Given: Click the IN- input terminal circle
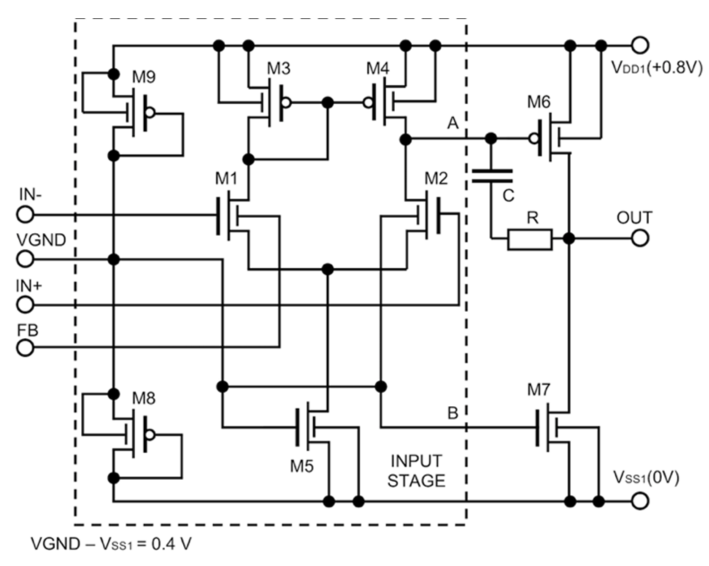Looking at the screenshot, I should [x=25, y=215].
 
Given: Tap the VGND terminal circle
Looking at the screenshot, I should [x=25, y=259].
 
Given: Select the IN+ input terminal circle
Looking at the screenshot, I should [x=25, y=304].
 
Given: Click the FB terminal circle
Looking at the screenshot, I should [x=25, y=348].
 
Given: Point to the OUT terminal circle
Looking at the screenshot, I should [x=640, y=238].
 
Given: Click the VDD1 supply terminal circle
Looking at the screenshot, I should [x=640, y=46].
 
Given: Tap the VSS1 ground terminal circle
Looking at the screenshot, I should [x=640, y=501].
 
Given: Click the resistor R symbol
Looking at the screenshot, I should [x=530, y=239].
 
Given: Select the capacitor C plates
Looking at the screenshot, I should [x=492, y=176].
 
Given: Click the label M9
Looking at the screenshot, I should [x=144, y=77].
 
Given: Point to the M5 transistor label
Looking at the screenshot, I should [x=302, y=466].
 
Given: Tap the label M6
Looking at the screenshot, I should [x=539, y=102].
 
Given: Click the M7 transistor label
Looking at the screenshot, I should [x=539, y=390].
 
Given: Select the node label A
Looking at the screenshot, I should [x=453, y=123].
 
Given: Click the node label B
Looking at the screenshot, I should [x=453, y=413].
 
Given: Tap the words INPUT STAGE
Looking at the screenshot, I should [x=416, y=471].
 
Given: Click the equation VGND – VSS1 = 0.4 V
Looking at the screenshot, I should [x=111, y=544].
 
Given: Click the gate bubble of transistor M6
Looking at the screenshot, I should [x=534, y=138].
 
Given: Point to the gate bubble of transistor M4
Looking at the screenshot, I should [x=368, y=103].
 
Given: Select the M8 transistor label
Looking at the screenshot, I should [x=144, y=398].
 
